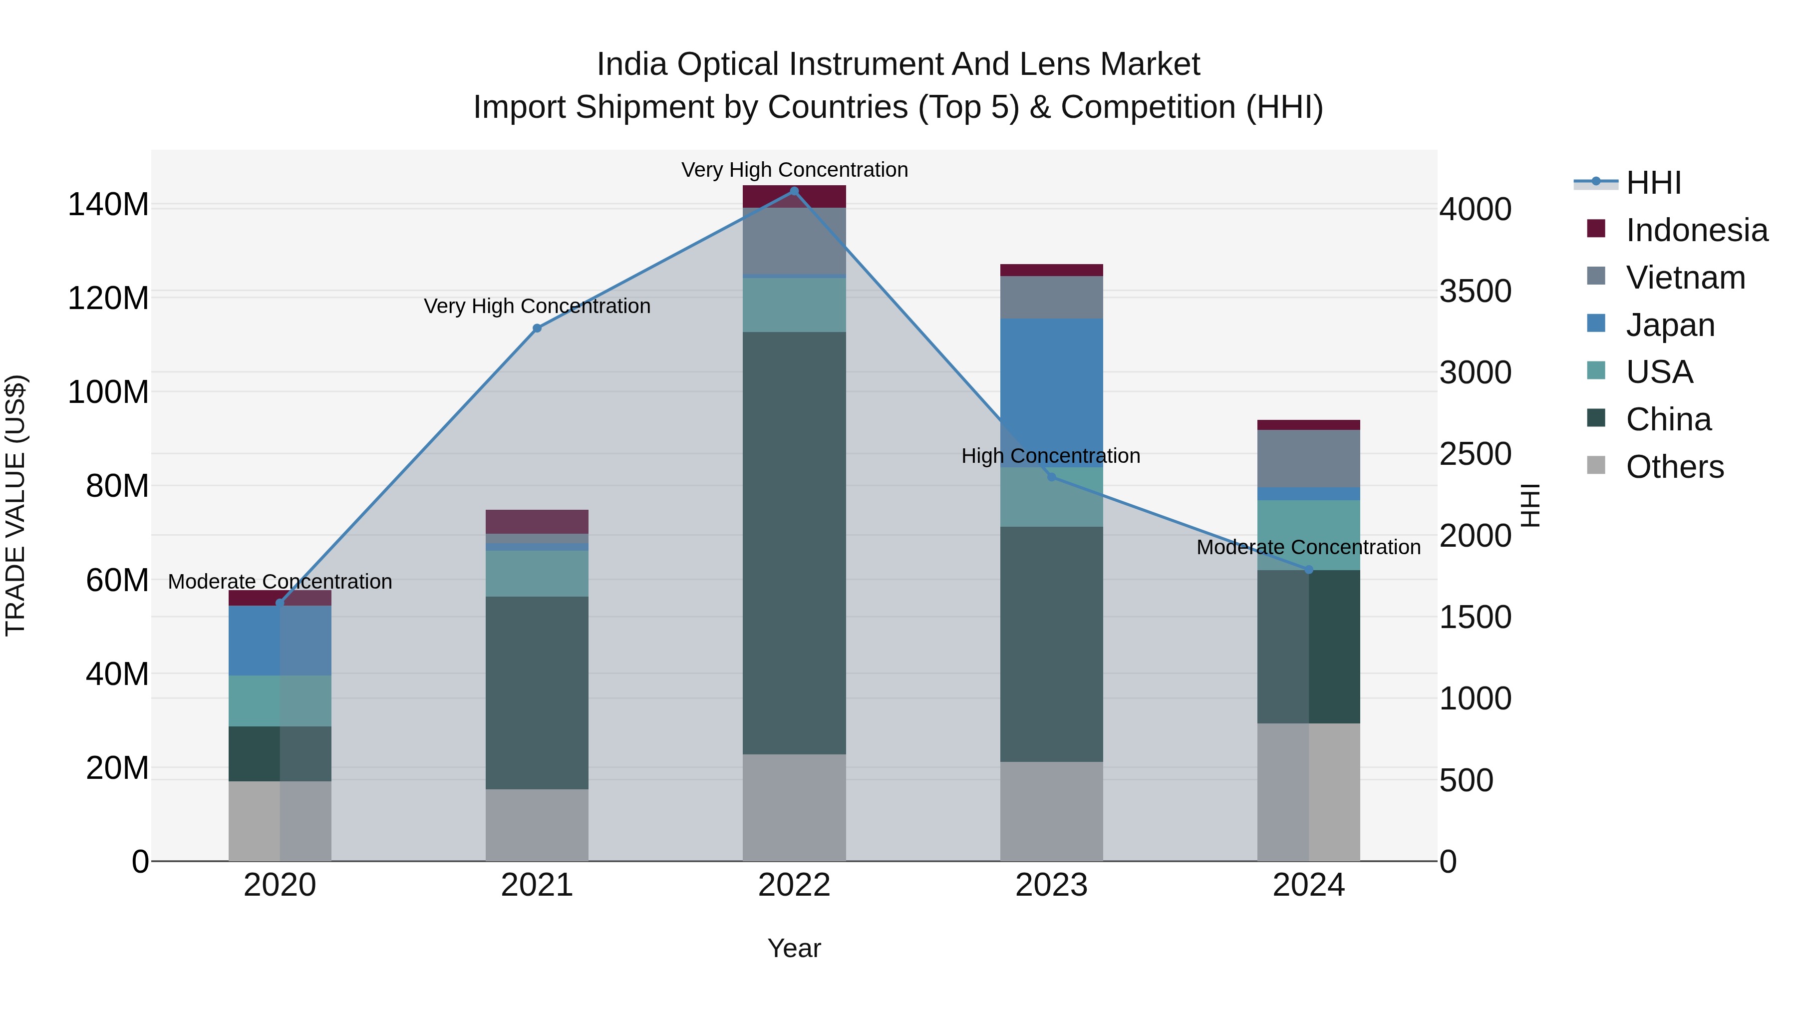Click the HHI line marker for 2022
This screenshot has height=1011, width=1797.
(x=794, y=191)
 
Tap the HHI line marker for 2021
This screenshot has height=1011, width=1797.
(x=537, y=328)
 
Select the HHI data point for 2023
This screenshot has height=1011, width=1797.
(x=1051, y=477)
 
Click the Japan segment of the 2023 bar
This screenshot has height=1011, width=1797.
(x=1051, y=391)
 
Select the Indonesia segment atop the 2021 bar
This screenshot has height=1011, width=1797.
(x=537, y=521)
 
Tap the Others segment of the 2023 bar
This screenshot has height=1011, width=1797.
(x=1051, y=811)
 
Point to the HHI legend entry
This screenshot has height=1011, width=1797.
(x=1653, y=183)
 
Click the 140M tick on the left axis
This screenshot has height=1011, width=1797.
(x=108, y=205)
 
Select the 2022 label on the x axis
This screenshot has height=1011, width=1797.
(x=794, y=885)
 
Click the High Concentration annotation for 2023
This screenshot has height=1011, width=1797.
(x=1051, y=456)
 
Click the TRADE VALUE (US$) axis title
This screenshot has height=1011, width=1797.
(x=15, y=505)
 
